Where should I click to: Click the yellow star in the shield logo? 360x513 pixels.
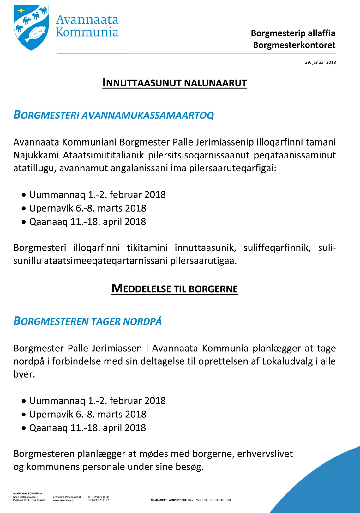[x=21, y=10]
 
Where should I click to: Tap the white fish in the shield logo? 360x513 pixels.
[x=35, y=34]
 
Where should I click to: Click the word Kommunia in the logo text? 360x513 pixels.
[x=87, y=32]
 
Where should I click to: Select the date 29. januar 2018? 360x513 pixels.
[x=320, y=62]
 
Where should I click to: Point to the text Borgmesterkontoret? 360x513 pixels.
[x=294, y=45]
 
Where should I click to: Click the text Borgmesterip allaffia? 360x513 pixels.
[x=293, y=33]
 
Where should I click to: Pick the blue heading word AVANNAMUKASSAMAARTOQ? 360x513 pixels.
[x=147, y=116]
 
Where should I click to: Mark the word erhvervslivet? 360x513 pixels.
[x=265, y=454]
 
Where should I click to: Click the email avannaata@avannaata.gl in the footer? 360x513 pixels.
[x=67, y=497]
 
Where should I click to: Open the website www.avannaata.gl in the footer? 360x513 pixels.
[x=63, y=500]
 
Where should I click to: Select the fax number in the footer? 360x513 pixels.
[x=98, y=500]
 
